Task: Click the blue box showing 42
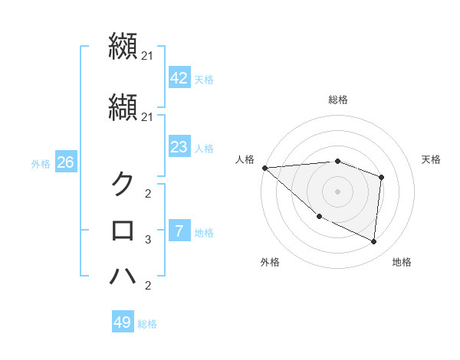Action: point(179,78)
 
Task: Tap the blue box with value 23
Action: point(179,147)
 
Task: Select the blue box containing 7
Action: point(179,231)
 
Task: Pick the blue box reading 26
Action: point(65,162)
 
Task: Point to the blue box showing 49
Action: point(123,322)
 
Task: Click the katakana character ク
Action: point(123,184)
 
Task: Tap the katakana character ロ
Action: point(123,231)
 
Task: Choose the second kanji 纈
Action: point(123,107)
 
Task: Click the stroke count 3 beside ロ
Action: point(148,240)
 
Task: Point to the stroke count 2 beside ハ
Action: point(148,286)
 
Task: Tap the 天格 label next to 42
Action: point(204,79)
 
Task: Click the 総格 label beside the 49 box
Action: point(147,323)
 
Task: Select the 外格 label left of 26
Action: point(41,163)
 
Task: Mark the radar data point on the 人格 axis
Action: point(264,168)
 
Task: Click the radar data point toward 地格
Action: point(373,241)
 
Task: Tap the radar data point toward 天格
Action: point(381,178)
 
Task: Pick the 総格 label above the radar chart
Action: point(337,100)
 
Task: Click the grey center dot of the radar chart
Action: point(337,190)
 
